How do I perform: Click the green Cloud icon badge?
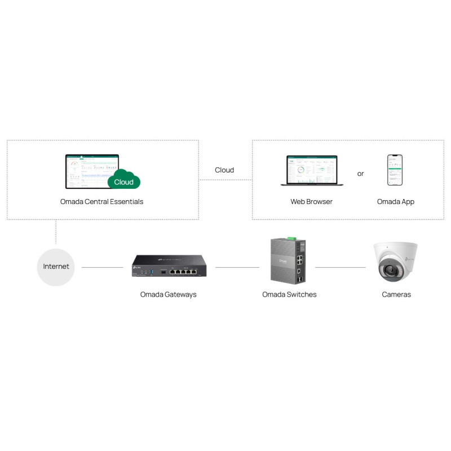(x=123, y=180)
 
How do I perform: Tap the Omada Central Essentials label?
(x=101, y=201)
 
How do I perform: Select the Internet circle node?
(x=56, y=266)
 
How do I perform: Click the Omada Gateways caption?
(x=169, y=294)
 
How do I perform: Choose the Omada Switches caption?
(x=289, y=294)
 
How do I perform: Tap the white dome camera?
(x=396, y=263)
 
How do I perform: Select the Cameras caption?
(x=396, y=294)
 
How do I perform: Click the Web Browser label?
(x=311, y=201)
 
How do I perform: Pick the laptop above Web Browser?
(x=311, y=171)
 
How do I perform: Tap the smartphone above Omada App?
(x=395, y=170)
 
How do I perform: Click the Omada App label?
(x=396, y=201)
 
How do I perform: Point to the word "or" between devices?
(x=361, y=174)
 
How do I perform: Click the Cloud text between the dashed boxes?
(x=224, y=170)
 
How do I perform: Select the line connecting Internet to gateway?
(x=102, y=267)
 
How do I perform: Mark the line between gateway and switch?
(x=237, y=267)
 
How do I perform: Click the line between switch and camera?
(x=340, y=267)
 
